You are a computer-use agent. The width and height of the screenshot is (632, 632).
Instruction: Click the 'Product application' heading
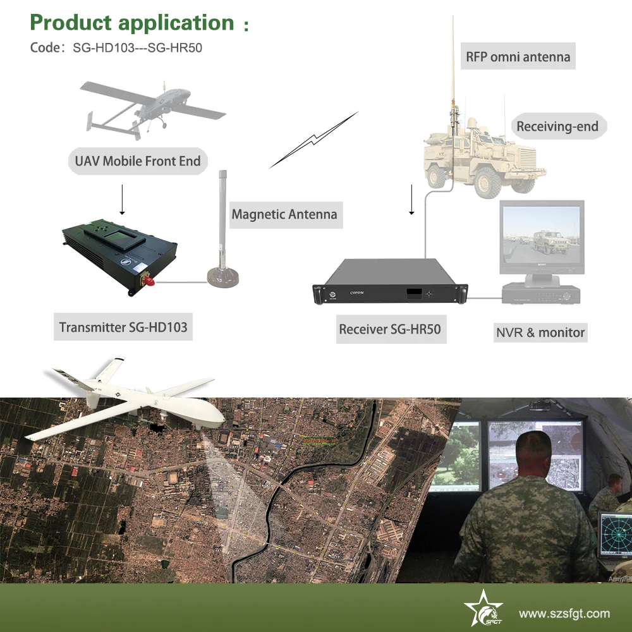coord(132,23)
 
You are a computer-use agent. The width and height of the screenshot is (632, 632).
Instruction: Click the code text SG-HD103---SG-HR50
coord(137,48)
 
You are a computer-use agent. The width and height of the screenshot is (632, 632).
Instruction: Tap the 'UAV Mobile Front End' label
coord(138,161)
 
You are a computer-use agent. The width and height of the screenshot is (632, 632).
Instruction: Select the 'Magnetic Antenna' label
coord(284,214)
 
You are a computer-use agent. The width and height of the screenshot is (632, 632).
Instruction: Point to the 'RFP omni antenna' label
coord(518,56)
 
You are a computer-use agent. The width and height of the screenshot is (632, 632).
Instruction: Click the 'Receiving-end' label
coord(557,126)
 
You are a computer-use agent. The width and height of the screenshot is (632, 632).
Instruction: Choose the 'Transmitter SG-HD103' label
coord(123,327)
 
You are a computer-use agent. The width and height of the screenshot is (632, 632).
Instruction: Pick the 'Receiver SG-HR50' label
coord(390,329)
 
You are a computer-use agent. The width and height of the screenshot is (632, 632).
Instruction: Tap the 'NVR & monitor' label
coord(540,332)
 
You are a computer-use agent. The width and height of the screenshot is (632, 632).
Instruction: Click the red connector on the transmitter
coord(148,280)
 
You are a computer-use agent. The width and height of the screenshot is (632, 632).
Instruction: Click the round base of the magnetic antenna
coord(223,277)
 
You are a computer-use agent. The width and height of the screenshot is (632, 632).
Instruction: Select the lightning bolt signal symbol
coord(313,140)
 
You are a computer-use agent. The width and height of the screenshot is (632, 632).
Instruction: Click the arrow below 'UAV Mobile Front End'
coord(122,200)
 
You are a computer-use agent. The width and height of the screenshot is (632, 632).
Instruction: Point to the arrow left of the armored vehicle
coord(411,200)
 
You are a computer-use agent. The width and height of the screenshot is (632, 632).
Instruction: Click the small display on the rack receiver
coord(415,293)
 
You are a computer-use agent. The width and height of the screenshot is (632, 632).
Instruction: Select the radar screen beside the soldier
coord(616,535)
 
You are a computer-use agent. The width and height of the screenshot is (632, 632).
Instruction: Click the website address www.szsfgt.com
coord(564,614)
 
